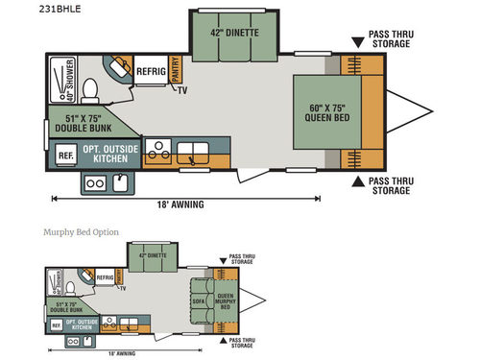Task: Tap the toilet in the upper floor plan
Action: click(x=90, y=90)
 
